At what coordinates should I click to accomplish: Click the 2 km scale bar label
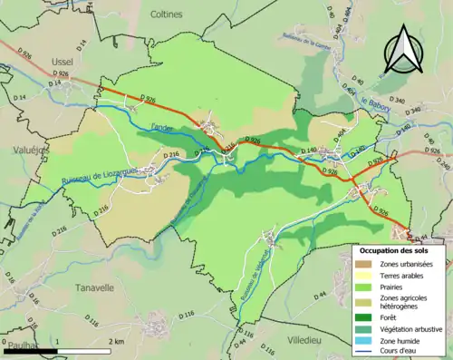(116, 342)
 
